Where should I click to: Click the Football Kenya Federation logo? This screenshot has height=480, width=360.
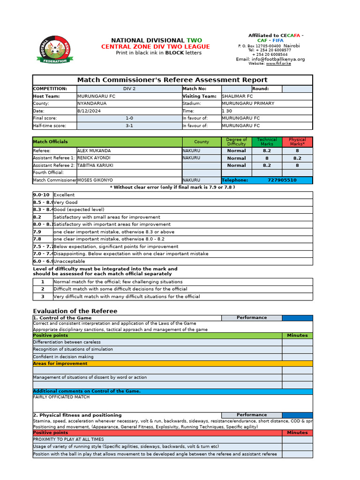coord(54,50)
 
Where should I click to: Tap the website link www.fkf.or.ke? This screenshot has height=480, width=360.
coord(278,64)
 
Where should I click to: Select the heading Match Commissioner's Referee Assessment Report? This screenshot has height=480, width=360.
coord(172,80)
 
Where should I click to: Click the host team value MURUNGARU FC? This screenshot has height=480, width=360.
coord(96,96)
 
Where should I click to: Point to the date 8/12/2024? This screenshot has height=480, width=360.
coord(89,111)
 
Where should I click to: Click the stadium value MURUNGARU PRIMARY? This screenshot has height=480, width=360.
coord(248,104)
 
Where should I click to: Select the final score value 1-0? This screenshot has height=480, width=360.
coord(129,119)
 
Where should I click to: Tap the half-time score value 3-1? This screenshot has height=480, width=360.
coord(129,126)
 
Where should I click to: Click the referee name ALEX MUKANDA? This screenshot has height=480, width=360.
coord(94,151)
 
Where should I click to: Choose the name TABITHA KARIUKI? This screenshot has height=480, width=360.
coord(95,165)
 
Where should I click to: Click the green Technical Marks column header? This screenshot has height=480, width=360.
coord(267,142)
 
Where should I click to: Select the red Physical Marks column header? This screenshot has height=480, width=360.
coord(297,142)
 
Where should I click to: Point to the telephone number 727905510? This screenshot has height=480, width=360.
coord(282,180)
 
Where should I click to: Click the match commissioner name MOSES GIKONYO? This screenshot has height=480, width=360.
coord(95,180)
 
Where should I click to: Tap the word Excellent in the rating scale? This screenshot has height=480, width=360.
coord(64,195)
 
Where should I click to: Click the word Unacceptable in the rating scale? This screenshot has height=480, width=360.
coord(69,261)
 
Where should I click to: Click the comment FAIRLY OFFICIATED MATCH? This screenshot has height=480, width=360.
coord(61,397)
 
